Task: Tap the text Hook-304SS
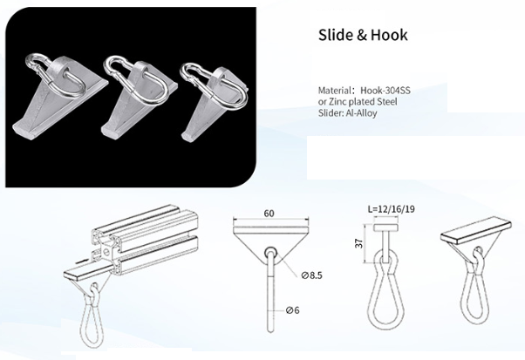[x=385, y=91]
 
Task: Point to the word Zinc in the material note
[x=335, y=101]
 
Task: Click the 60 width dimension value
[x=269, y=213]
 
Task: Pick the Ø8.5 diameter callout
[x=311, y=275]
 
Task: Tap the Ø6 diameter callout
[x=293, y=310]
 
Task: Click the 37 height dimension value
[x=359, y=243]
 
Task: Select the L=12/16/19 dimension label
[x=391, y=209]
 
